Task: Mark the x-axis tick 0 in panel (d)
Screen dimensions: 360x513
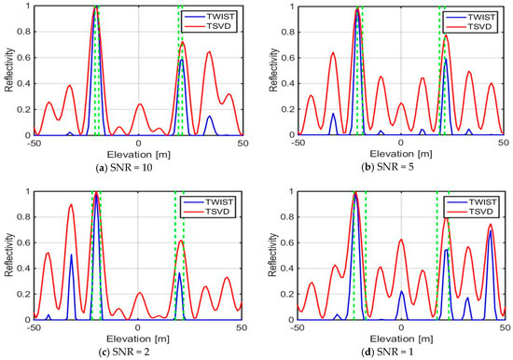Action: click(400, 327)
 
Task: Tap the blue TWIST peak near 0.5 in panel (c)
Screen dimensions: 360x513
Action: click(71, 255)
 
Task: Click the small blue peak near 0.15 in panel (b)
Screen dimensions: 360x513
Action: click(333, 115)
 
